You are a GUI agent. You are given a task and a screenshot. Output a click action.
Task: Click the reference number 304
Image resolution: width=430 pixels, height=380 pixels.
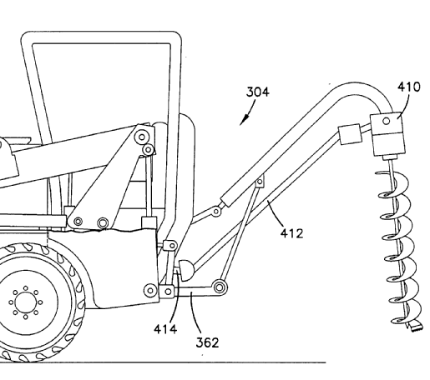coord(258,92)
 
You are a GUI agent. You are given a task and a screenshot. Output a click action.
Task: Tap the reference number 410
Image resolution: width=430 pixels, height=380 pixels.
coord(408,87)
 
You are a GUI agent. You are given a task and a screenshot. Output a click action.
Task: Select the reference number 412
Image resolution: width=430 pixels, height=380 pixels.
coord(291,233)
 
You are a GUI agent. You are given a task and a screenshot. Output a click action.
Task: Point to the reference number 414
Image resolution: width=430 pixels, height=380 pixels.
coord(165,329)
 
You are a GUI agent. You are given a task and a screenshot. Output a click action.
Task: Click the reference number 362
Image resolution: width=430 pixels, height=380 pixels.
coord(207,342)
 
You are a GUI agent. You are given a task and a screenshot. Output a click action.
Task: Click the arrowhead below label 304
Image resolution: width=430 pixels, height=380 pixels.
coord(243,120)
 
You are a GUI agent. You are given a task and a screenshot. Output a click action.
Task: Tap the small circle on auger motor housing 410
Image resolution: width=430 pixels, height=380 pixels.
coord(387,121)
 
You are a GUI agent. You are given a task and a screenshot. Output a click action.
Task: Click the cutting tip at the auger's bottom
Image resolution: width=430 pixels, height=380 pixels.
coord(415,325)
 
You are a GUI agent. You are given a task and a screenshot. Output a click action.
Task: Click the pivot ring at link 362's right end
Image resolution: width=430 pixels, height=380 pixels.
coord(220,287)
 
